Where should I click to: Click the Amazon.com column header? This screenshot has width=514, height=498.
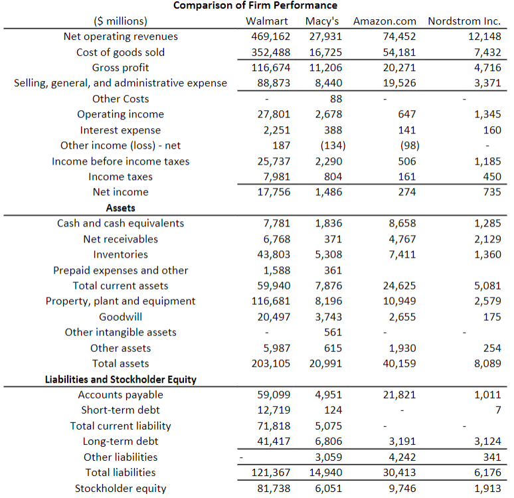[x=385, y=21]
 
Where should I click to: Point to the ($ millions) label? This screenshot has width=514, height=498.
[x=122, y=21]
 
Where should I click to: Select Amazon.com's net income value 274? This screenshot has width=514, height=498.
[x=406, y=192]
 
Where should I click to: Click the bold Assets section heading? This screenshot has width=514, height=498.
[x=120, y=208]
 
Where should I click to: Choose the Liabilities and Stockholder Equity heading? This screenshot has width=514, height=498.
[x=120, y=379]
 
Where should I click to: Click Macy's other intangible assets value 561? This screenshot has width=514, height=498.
[x=332, y=332]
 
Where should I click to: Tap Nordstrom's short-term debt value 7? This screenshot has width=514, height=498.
[x=497, y=410]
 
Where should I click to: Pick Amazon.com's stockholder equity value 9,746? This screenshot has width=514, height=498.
[x=402, y=488]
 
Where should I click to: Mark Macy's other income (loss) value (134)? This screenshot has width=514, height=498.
[x=331, y=145]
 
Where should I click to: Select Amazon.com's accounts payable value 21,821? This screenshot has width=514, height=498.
[x=399, y=394]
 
